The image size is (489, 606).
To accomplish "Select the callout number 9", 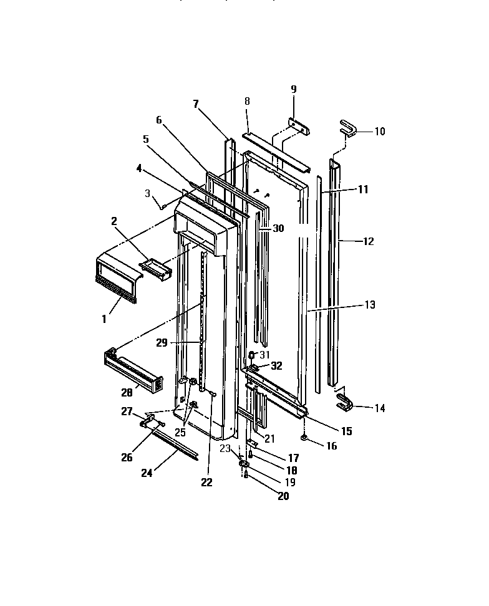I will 293,89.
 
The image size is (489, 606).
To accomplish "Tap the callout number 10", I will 379,132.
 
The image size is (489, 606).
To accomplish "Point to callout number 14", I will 379,408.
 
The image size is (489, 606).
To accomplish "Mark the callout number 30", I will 278,228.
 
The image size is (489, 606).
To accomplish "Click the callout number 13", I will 370,305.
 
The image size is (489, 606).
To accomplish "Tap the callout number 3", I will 148,194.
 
